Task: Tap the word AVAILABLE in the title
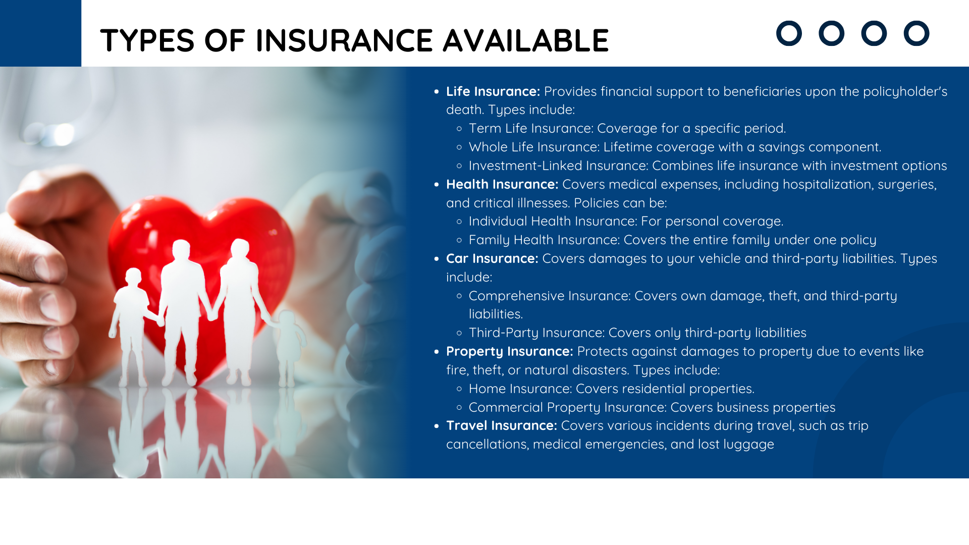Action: pos(526,40)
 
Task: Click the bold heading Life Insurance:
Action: pos(493,91)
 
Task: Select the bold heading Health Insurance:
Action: pos(502,184)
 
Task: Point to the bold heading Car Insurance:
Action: pos(492,258)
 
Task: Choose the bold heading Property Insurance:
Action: pos(510,352)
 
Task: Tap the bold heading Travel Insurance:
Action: pos(502,425)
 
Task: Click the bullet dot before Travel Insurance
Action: pos(437,426)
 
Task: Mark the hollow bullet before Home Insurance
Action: pos(459,389)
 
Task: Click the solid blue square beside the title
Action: pos(40,33)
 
